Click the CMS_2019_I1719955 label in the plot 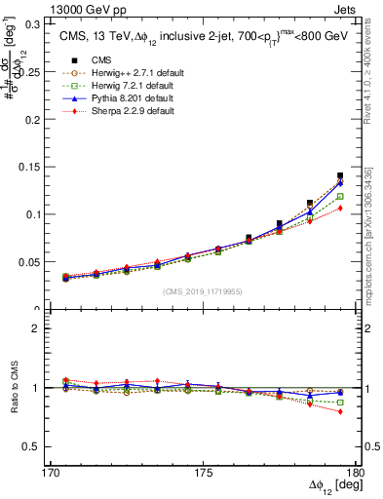[x=203, y=290]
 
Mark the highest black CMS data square [x=340, y=176]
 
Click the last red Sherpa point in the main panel [x=340, y=208]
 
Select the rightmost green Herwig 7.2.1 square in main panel [x=340, y=196]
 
